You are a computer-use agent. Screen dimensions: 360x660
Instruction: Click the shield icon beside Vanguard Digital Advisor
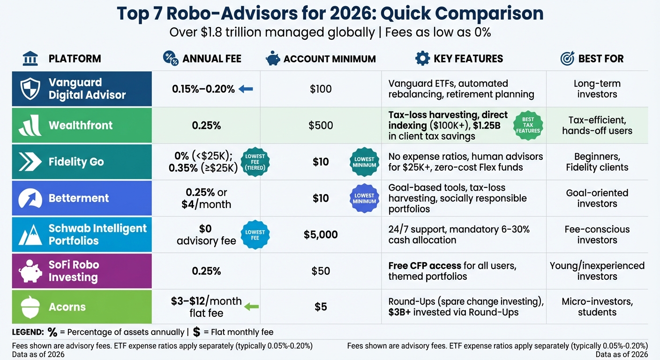coord(30,89)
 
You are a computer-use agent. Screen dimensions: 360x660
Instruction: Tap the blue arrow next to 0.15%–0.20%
coord(246,89)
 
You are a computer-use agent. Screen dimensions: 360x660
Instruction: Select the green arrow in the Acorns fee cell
coord(252,307)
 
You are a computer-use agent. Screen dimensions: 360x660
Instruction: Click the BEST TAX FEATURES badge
coord(527,125)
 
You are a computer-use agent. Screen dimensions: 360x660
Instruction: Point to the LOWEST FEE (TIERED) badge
coord(255,162)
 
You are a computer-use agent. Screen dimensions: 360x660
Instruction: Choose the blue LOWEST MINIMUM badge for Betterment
coord(364,198)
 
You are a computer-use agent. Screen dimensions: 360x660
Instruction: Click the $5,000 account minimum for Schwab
coord(321,234)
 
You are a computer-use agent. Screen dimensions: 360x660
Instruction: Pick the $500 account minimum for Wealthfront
coord(321,125)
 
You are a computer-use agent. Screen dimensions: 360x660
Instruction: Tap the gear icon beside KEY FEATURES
coord(422,59)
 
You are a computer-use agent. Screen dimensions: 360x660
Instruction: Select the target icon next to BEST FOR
coord(567,59)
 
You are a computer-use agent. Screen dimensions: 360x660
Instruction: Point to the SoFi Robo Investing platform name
coord(74,271)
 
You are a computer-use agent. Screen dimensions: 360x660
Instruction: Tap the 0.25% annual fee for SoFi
coord(206,271)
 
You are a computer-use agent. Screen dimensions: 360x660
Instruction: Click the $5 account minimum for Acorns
coord(321,307)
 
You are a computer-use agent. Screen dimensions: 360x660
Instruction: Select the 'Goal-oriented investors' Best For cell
coord(597,198)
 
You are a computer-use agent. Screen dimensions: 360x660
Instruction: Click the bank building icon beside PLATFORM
coord(30,59)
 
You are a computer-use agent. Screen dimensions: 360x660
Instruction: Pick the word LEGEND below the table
coord(27,332)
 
